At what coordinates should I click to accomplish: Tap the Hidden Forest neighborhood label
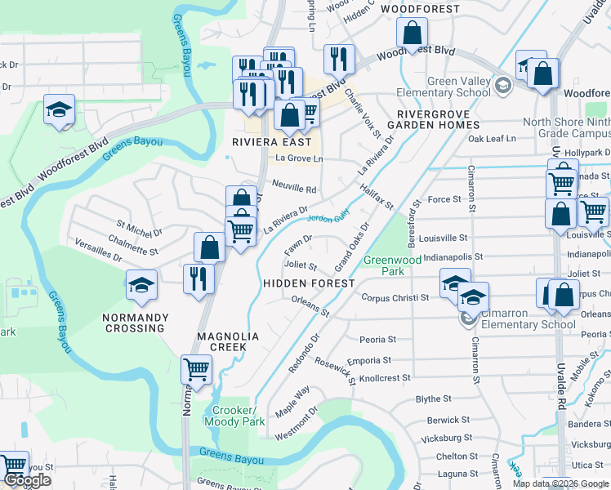(309, 283)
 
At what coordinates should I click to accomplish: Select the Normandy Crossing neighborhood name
(135, 323)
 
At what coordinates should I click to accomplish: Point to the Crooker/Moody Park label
(234, 416)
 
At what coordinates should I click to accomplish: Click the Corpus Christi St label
(395, 298)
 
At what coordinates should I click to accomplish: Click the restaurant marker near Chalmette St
(199, 278)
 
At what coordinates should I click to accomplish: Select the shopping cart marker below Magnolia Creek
(196, 371)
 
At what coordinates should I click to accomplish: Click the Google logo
(26, 480)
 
